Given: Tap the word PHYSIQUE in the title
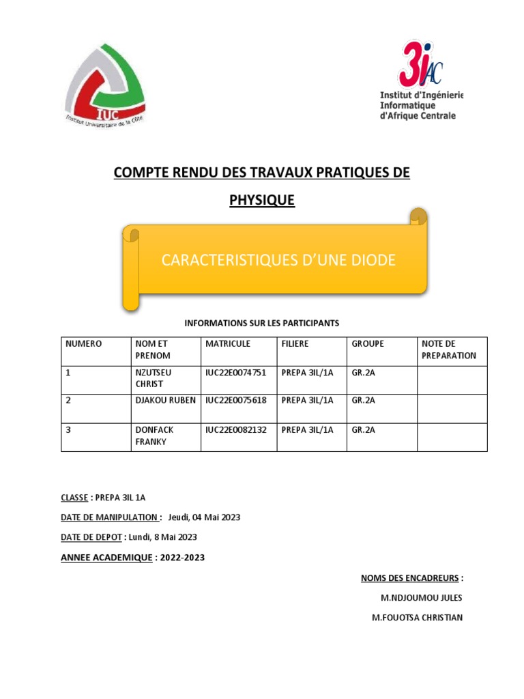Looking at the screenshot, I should coord(261,201).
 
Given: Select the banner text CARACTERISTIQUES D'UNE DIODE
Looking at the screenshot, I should coord(278,260).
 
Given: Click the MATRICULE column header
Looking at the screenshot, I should coord(228,344).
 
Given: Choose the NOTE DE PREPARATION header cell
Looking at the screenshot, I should coord(449,349).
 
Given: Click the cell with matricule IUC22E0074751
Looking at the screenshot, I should coord(236,373).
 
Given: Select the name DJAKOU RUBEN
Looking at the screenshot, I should coord(166,401).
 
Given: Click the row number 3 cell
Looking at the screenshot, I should coord(68,429).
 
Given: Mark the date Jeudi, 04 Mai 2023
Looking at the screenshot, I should coord(204,517).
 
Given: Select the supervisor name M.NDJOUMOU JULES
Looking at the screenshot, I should coord(421,598).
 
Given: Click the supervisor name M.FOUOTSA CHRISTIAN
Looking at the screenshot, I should coord(417,618).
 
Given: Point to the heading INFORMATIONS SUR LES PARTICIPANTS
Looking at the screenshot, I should coord(262,323).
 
